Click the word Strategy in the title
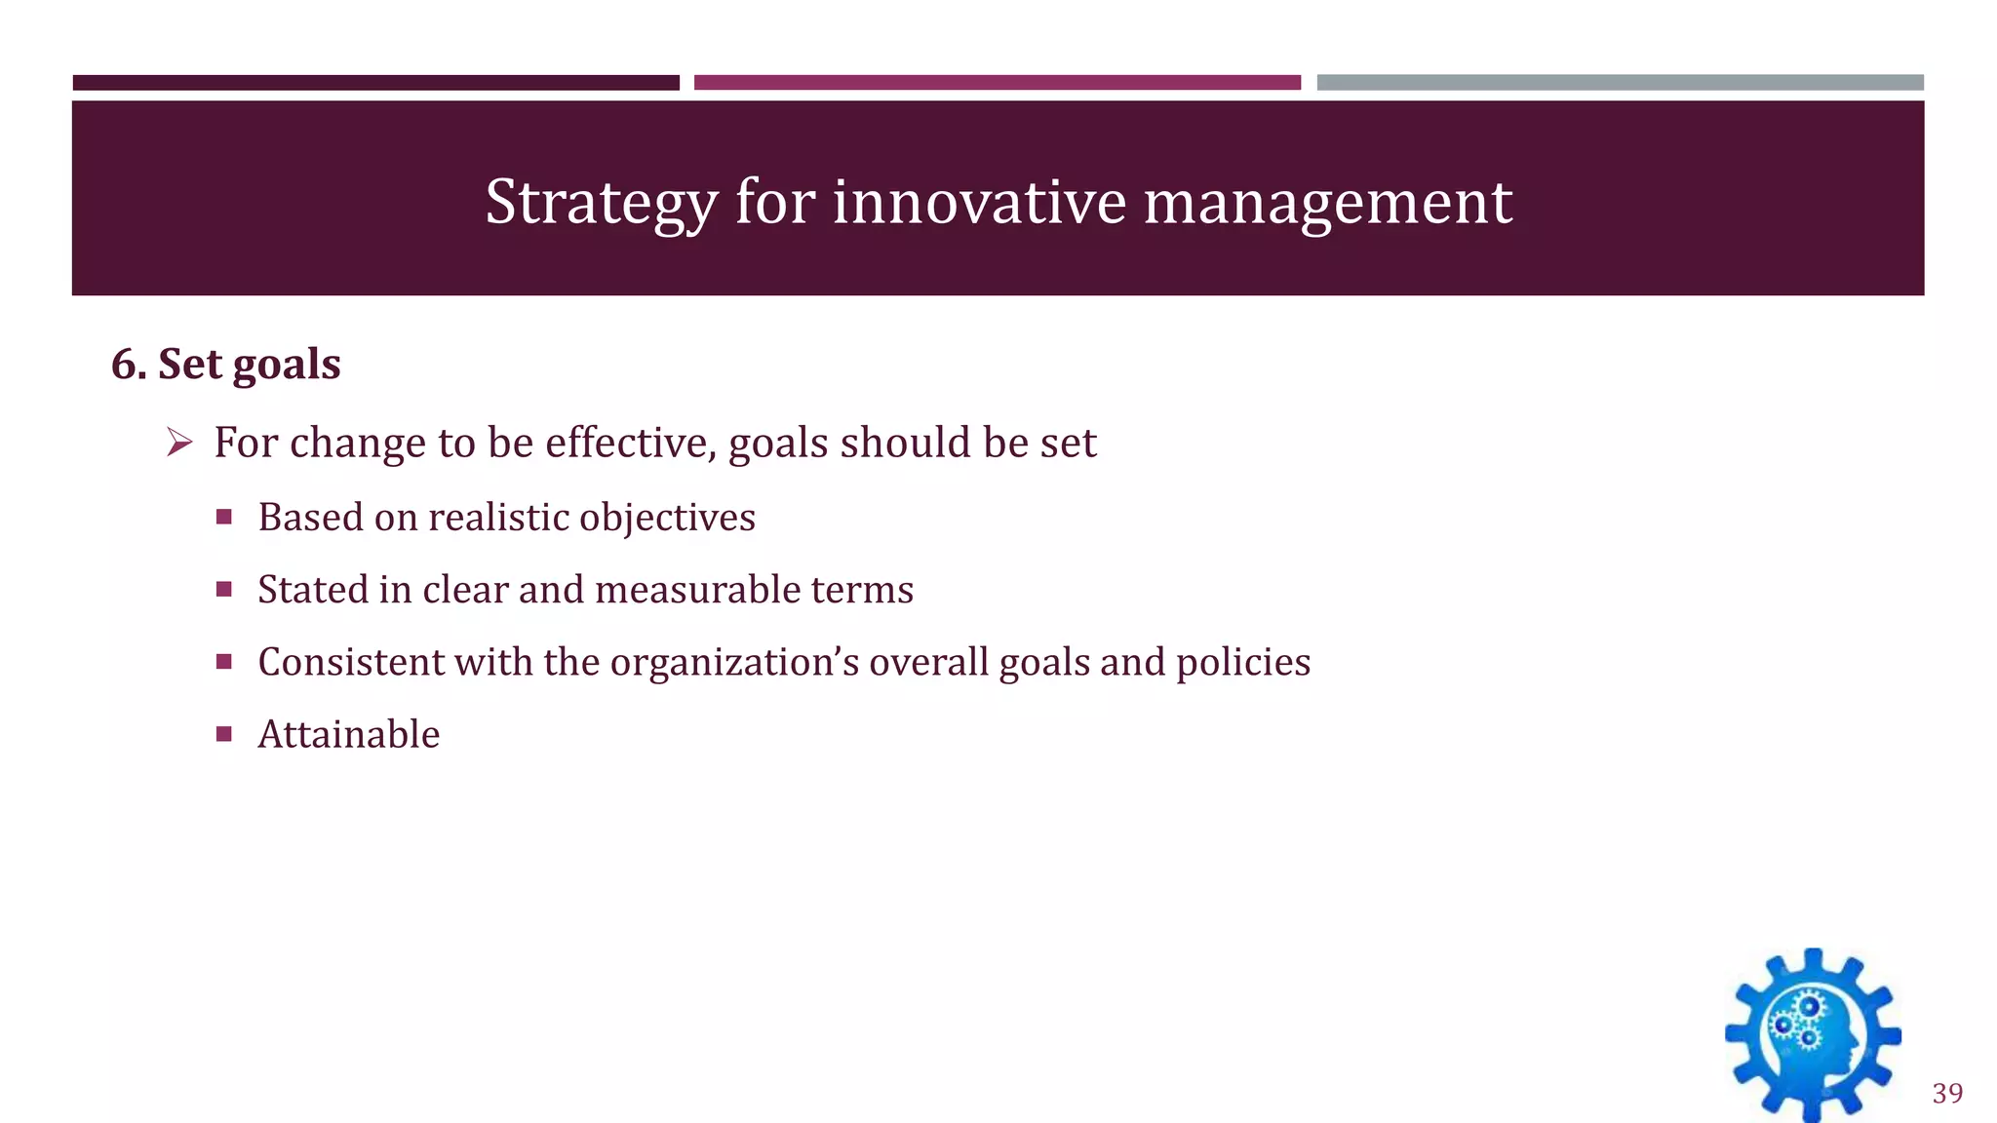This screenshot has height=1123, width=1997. (601, 203)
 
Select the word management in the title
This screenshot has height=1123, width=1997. (1327, 203)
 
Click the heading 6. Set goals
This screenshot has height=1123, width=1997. (226, 365)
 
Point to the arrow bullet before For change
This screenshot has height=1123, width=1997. (178, 444)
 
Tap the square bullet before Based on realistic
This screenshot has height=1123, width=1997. (224, 518)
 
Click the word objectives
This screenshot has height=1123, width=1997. (667, 518)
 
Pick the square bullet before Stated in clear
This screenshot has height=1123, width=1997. (224, 590)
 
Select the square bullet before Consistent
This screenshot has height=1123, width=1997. (224, 662)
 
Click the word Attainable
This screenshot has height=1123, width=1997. (348, 734)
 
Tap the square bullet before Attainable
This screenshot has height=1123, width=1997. (224, 734)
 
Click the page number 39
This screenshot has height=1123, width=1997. (1947, 1093)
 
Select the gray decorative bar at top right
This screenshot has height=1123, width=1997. (1620, 83)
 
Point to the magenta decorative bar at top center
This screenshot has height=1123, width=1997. (997, 83)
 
